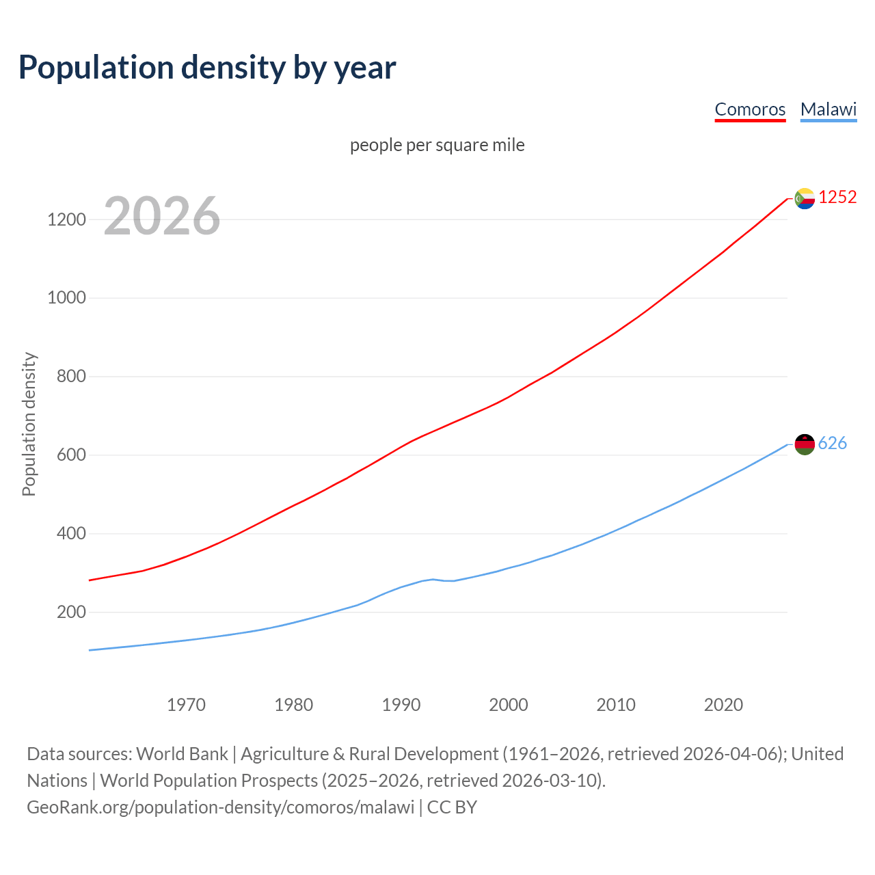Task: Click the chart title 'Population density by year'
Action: click(x=207, y=68)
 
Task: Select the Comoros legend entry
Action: click(x=750, y=109)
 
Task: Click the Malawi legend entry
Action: click(x=828, y=109)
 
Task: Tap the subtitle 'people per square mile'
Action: click(x=437, y=146)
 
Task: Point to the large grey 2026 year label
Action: click(x=162, y=216)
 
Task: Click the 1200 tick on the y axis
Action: click(x=66, y=220)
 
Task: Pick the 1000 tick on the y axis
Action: click(x=66, y=298)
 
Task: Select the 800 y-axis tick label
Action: click(x=71, y=377)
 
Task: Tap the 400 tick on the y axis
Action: click(x=71, y=533)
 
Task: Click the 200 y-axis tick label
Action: click(x=71, y=612)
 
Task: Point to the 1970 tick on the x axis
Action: click(x=186, y=705)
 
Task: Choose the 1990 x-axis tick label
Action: click(x=401, y=705)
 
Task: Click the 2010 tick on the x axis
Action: click(x=616, y=705)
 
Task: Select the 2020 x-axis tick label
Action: click(x=723, y=705)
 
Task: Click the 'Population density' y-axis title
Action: click(x=29, y=424)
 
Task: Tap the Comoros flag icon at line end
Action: click(x=805, y=198)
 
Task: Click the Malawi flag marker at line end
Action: click(x=805, y=444)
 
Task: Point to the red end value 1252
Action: click(x=837, y=198)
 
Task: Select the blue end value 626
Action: click(x=832, y=444)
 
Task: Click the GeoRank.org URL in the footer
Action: click(x=220, y=807)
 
